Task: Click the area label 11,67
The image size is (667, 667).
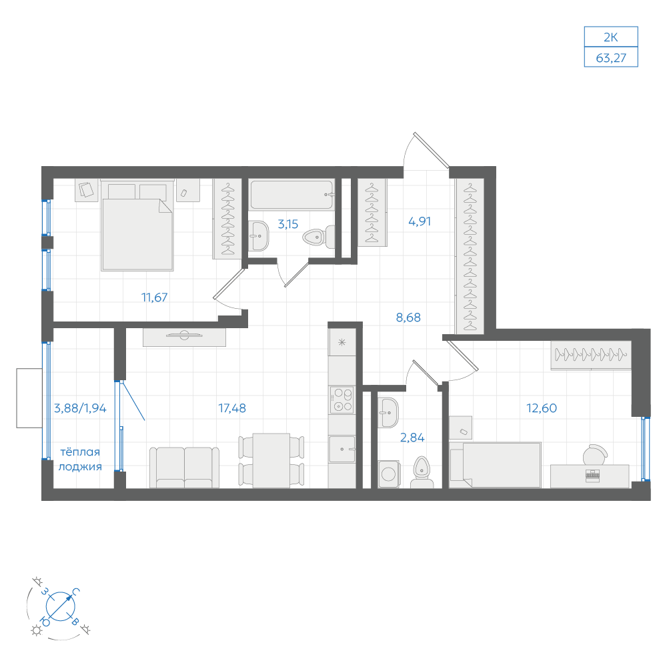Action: pos(155,297)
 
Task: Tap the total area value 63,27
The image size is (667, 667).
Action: pos(611,57)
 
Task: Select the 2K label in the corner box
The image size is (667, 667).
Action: pos(611,37)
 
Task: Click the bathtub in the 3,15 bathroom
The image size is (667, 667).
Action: pos(291,195)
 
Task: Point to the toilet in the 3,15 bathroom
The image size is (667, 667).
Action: pos(318,237)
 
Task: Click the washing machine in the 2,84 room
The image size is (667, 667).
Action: pos(389,474)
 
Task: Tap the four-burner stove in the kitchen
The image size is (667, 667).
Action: pos(342,400)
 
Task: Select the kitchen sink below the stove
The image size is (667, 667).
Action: pos(342,449)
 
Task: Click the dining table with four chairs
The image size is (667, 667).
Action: pos(271,460)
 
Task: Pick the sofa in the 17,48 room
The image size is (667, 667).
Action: pos(185,467)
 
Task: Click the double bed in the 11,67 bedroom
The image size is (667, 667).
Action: pos(137,225)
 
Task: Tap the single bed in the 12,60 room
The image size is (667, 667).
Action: pos(495,464)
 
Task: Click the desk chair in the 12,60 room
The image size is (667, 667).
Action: pos(595,455)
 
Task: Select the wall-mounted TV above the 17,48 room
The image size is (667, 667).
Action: pos(184,336)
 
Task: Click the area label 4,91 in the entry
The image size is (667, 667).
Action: pos(420,221)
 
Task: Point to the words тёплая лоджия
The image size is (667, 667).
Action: pos(80,459)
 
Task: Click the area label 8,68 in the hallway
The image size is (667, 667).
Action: pos(408,317)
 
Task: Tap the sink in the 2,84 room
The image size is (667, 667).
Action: pos(388,412)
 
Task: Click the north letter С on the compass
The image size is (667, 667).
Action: pos(76,591)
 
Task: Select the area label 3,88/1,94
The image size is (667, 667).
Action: pos(80,408)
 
